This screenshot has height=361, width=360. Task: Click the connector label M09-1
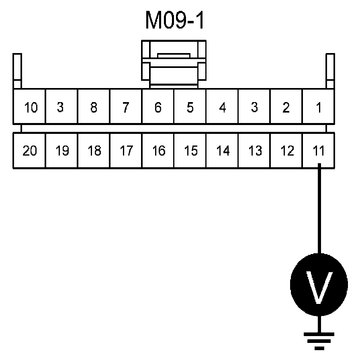pos(175,22)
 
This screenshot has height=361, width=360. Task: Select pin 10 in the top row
pos(30,108)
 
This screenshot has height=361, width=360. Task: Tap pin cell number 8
pos(94,108)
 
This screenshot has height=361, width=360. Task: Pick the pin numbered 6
pos(158,108)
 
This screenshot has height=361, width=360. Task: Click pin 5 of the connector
pos(190,108)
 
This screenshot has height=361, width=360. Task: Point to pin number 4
pos(222,108)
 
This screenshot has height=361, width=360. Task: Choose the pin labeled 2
pos(286,108)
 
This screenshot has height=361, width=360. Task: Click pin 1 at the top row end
pos(318,108)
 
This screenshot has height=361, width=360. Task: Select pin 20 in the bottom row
pos(30,151)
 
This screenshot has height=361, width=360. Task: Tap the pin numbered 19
pos(61,151)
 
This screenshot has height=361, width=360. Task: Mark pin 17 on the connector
pos(126,151)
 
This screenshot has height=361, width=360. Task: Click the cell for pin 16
pos(158,151)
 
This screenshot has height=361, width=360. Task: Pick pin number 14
pos(222,151)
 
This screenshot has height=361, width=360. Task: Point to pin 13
pos(254,151)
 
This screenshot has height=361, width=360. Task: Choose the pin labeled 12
pos(286,151)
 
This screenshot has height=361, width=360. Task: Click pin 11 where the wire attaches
pos(318,151)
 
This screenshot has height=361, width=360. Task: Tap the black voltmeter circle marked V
pos(319,285)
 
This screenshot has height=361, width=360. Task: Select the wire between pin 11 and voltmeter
pos(319,209)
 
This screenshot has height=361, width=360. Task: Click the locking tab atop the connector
pos(174,64)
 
